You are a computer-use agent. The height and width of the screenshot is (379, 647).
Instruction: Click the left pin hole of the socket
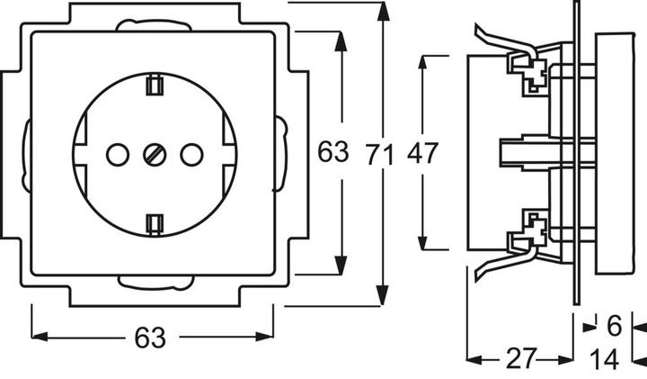coord(116,155)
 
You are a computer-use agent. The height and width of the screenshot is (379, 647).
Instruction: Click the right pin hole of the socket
coord(190,155)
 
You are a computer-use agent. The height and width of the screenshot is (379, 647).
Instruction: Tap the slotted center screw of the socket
coord(153,155)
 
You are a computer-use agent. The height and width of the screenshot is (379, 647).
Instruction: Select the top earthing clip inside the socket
coord(153,86)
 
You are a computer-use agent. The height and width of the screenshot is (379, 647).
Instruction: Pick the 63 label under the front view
coord(151,338)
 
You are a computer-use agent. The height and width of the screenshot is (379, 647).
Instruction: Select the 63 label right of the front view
coord(332,152)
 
